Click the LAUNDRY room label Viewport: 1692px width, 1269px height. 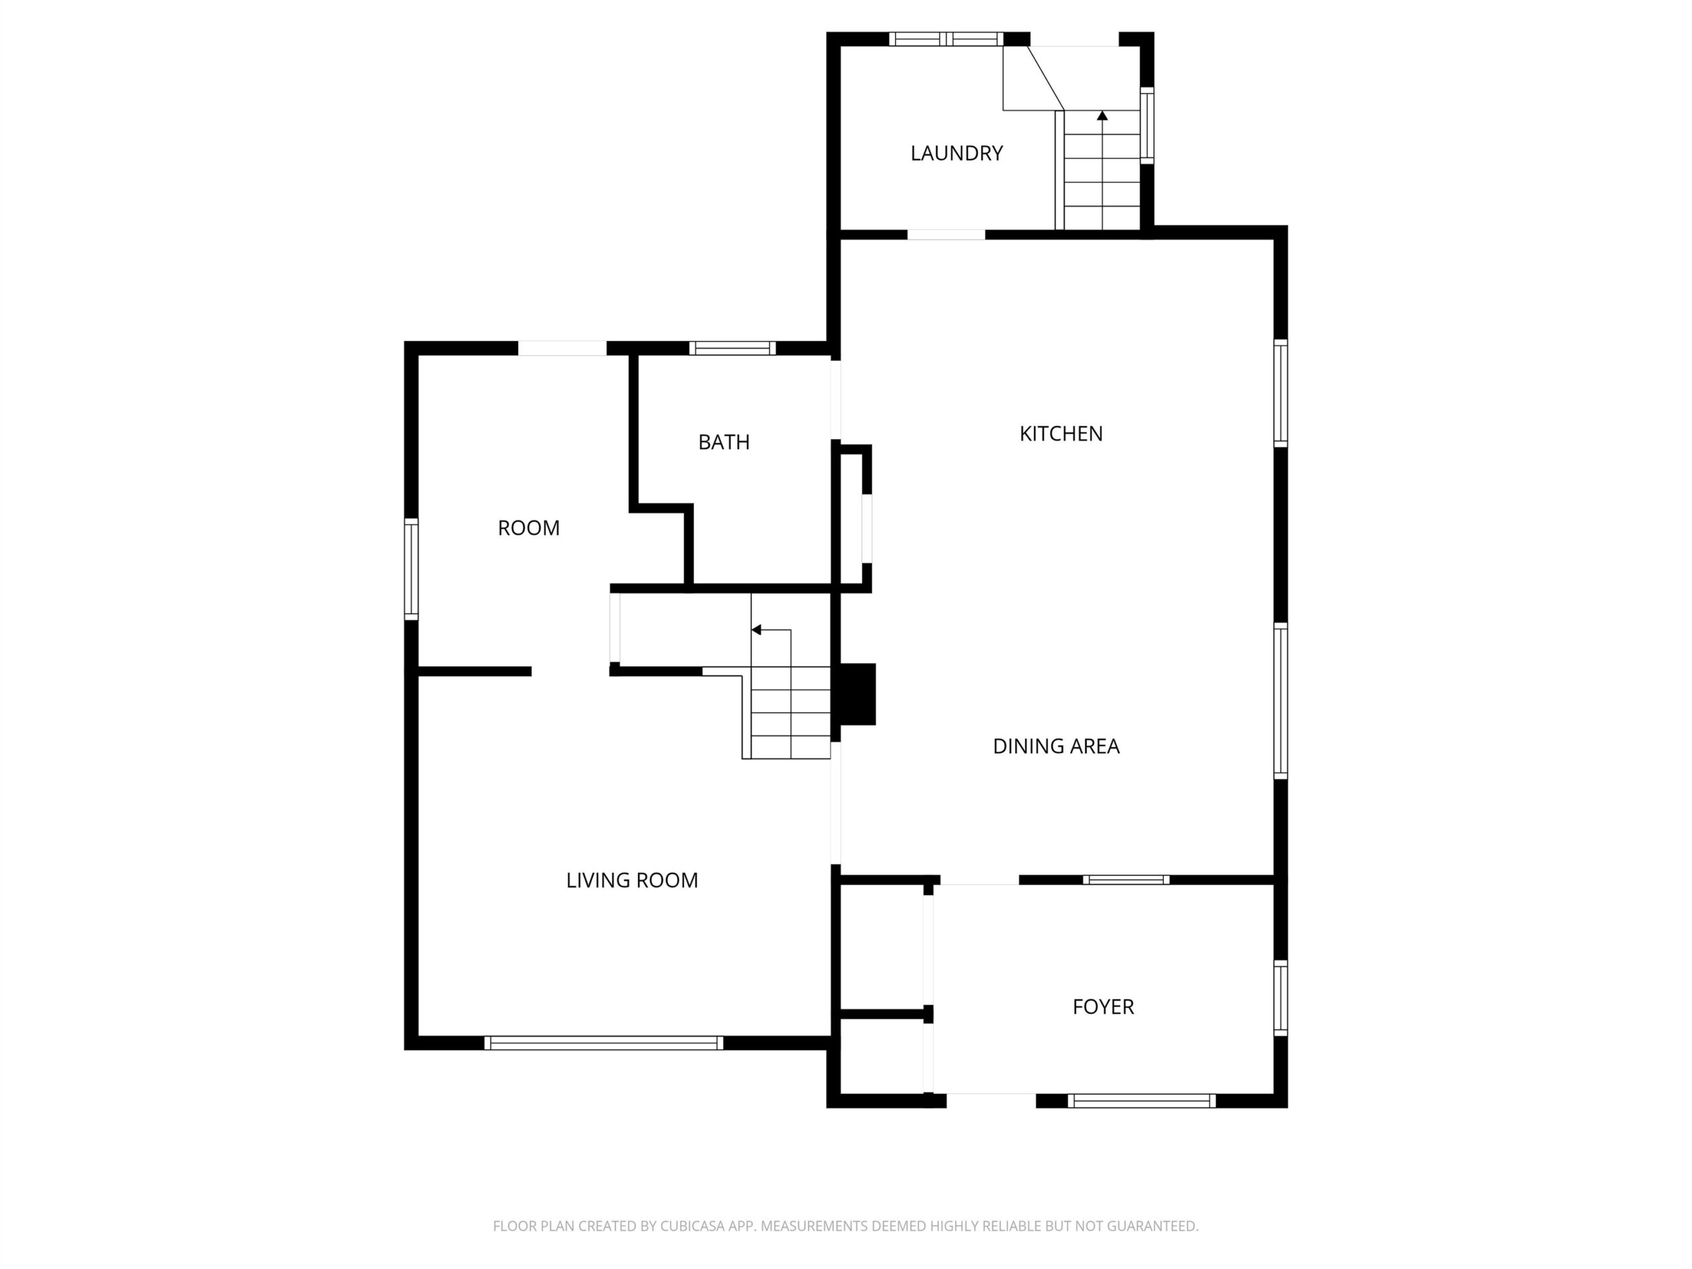pyautogui.click(x=956, y=153)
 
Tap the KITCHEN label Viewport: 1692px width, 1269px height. pyautogui.click(x=1061, y=434)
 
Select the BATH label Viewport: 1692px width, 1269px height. pyautogui.click(x=724, y=442)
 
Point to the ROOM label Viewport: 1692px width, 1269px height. pyautogui.click(x=529, y=528)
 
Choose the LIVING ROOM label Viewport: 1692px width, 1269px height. pyautogui.click(x=632, y=880)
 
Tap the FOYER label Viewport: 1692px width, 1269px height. pyautogui.click(x=1103, y=1007)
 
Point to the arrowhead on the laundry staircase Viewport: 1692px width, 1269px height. pyautogui.click(x=1102, y=116)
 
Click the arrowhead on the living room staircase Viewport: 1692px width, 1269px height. pyautogui.click(x=757, y=631)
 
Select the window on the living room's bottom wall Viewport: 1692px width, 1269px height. pyautogui.click(x=603, y=1042)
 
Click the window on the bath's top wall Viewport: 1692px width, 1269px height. pyautogui.click(x=732, y=348)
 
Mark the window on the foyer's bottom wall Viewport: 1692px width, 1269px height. pyautogui.click(x=1141, y=1100)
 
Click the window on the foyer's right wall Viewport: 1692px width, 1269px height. pyautogui.click(x=1280, y=998)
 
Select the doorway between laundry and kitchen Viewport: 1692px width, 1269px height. pyautogui.click(x=946, y=234)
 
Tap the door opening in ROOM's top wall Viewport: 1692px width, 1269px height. pyautogui.click(x=562, y=348)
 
